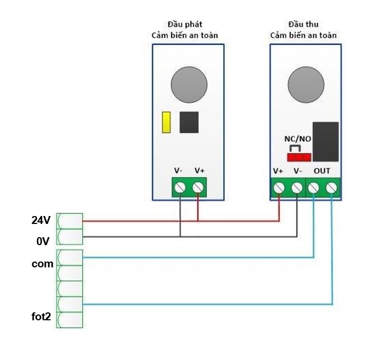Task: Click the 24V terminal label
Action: [41, 220]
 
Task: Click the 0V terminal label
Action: [42, 241]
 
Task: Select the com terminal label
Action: [42, 264]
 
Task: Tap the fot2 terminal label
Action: [41, 317]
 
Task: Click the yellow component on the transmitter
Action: [166, 122]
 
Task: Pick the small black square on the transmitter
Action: [189, 122]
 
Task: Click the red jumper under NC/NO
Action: [298, 157]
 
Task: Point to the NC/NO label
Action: [298, 139]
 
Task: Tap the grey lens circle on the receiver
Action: [306, 84]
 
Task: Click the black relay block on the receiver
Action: [326, 141]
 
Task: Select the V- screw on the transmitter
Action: [180, 187]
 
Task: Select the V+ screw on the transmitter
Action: [198, 187]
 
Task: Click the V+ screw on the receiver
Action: [279, 187]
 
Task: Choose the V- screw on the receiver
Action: [297, 187]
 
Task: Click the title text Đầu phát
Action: [185, 24]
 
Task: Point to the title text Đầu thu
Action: [303, 24]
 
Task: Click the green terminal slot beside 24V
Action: [70, 221]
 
